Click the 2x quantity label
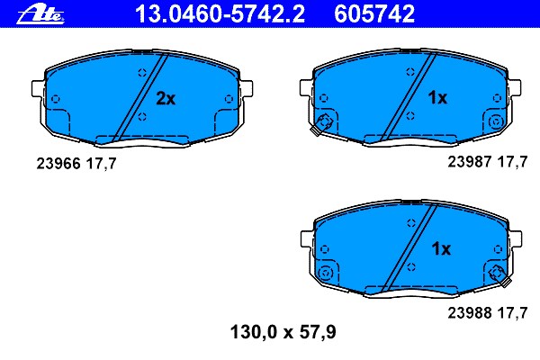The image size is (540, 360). click(165, 98)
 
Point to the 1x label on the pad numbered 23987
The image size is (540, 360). click(436, 98)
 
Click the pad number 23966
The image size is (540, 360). click(56, 165)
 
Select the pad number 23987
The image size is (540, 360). click(469, 162)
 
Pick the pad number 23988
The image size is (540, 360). click(469, 313)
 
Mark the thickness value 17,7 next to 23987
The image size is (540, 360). click(514, 162)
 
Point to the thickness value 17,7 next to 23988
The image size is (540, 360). click(514, 313)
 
